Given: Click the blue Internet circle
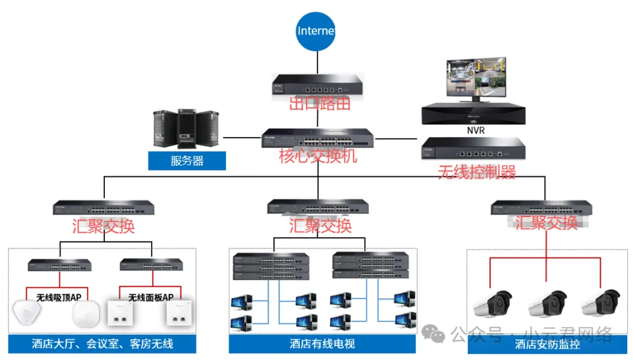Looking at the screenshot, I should pyautogui.click(x=316, y=30).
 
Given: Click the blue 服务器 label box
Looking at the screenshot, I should pyautogui.click(x=187, y=161).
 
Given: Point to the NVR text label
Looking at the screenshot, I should pyautogui.click(x=476, y=130).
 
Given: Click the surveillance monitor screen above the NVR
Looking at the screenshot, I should pyautogui.click(x=476, y=79).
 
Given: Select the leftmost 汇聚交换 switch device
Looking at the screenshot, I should pyautogui.click(x=104, y=208).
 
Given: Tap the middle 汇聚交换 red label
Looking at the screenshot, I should pyautogui.click(x=321, y=225).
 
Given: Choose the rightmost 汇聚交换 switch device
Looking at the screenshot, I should pyautogui.click(x=541, y=208).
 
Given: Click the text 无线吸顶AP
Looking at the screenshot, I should pyautogui.click(x=59, y=297).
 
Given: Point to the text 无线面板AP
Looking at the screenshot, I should pyautogui.click(x=151, y=297).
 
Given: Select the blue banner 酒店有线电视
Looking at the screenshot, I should pyautogui.click(x=322, y=344).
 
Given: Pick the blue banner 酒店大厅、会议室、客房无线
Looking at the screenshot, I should pyautogui.click(x=103, y=344).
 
